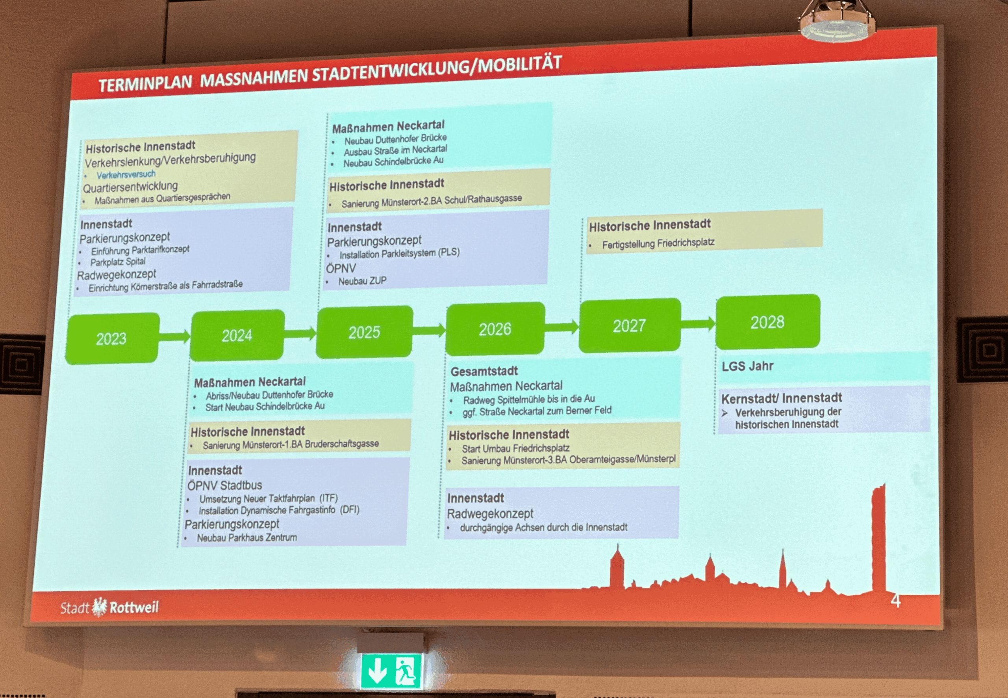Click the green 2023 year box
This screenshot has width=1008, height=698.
click(112, 339)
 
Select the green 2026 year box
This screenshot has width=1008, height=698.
click(495, 329)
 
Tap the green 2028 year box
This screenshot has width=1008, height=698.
click(767, 322)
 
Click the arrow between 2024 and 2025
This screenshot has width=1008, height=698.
click(300, 334)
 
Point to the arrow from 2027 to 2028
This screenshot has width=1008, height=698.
click(699, 324)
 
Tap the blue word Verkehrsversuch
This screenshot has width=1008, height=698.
click(126, 174)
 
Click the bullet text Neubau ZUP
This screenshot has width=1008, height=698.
click(363, 281)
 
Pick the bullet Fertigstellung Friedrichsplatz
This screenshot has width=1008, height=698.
click(658, 244)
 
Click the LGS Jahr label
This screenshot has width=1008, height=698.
click(747, 366)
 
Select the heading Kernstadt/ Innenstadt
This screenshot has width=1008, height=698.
click(782, 398)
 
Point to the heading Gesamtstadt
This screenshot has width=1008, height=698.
click(484, 371)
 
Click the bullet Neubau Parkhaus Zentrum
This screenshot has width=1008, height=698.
click(246, 537)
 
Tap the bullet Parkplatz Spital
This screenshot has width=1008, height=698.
click(118, 262)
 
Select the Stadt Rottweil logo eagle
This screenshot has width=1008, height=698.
click(100, 607)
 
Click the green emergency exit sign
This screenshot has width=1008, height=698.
click(391, 671)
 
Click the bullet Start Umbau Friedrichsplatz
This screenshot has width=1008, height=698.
click(515, 448)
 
